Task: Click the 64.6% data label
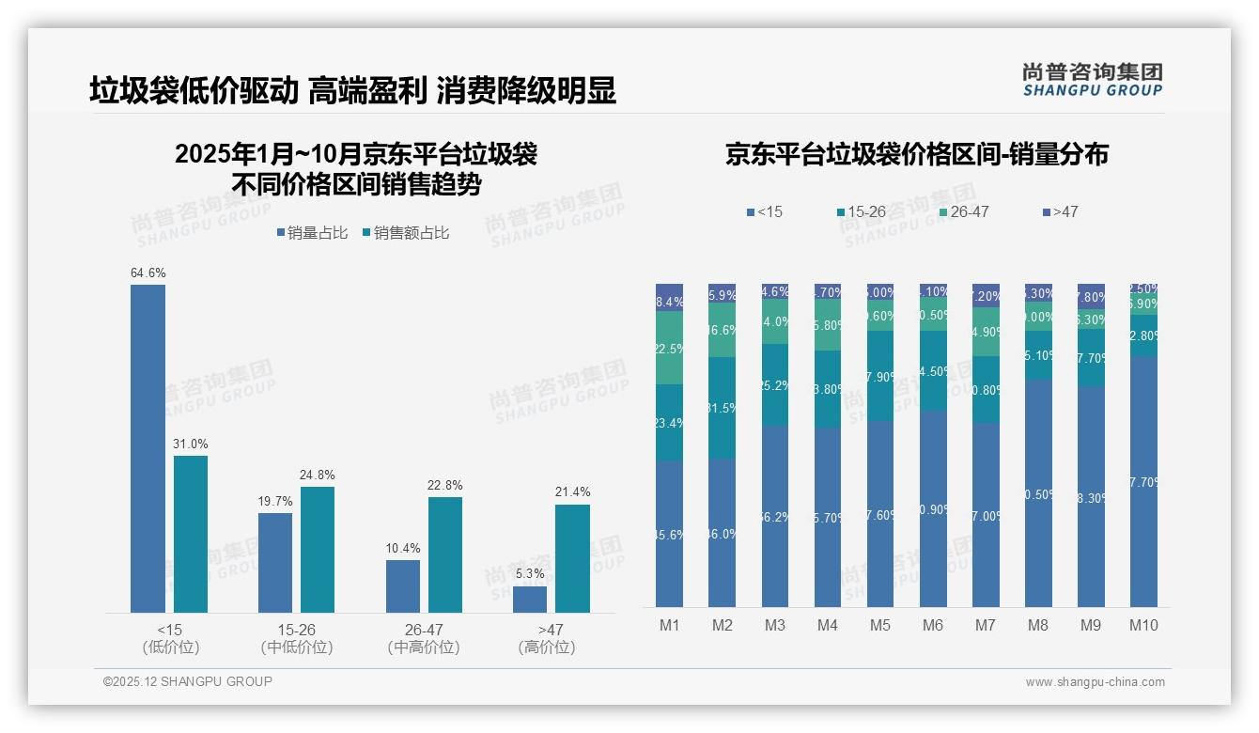point(148,273)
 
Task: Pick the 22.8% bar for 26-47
point(445,554)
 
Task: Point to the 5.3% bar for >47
point(530,599)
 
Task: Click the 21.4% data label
point(572,492)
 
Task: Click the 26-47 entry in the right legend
point(964,212)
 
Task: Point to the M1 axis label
point(669,626)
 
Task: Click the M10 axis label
point(1143,626)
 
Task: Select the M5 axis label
point(879,626)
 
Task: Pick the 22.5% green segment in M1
point(669,348)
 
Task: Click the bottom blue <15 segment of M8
point(1038,493)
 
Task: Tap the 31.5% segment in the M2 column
point(722,408)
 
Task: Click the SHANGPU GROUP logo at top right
point(1092,80)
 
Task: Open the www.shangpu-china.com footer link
point(1095,682)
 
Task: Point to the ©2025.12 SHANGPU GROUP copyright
point(188,682)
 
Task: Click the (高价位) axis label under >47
point(547,647)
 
